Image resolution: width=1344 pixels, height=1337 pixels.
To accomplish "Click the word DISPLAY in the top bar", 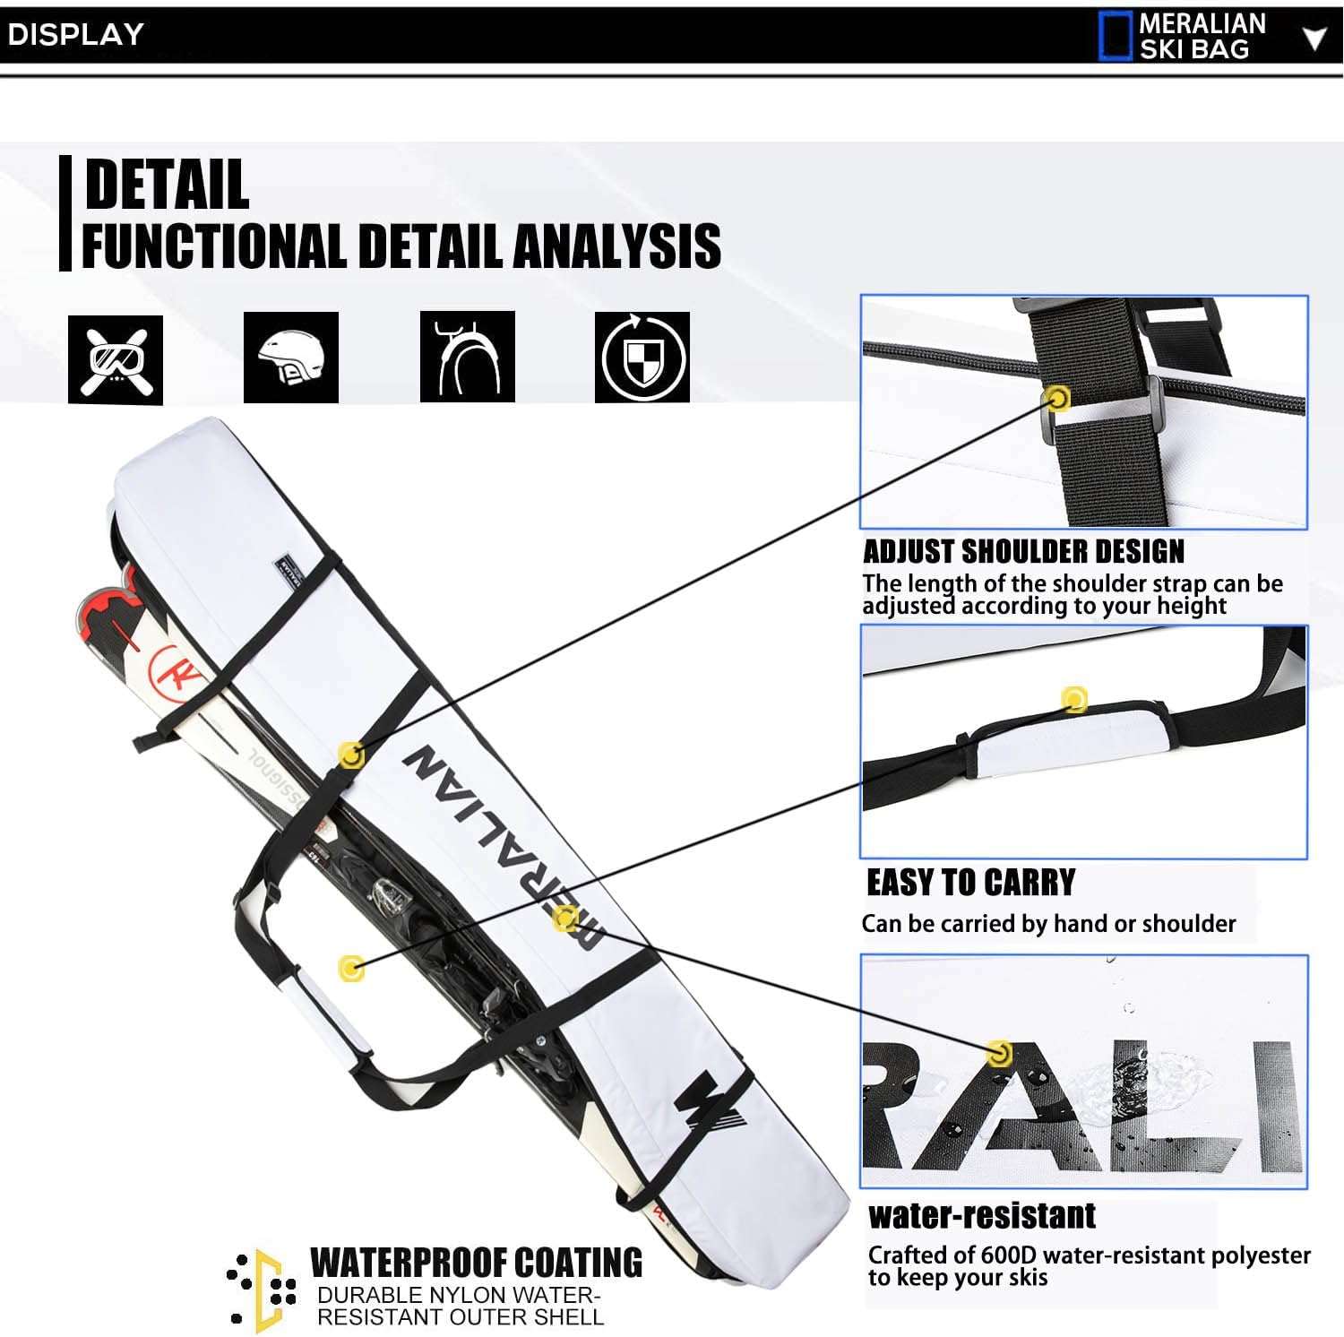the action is pyautogui.click(x=75, y=35).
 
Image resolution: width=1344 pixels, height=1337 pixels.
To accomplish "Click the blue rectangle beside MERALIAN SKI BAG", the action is pyautogui.click(x=1116, y=37).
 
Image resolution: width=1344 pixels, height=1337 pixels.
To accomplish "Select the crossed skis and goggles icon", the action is pyautogui.click(x=116, y=359).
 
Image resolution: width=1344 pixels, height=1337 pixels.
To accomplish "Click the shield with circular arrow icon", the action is pyautogui.click(x=642, y=357).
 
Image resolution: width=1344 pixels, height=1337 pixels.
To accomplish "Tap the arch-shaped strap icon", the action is pyautogui.click(x=468, y=357).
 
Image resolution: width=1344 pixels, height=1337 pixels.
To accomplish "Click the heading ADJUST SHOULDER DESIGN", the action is pyautogui.click(x=1023, y=550).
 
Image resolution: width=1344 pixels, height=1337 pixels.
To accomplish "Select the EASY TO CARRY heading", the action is pyautogui.click(x=970, y=883).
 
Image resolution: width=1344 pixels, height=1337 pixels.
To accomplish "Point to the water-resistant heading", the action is pyautogui.click(x=982, y=1215).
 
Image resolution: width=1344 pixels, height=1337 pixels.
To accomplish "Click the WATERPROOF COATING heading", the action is pyautogui.click(x=476, y=1263).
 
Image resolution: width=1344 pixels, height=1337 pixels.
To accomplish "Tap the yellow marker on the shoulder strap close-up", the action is pyautogui.click(x=1058, y=398).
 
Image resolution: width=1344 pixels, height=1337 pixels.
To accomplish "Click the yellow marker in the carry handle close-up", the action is pyautogui.click(x=1074, y=699).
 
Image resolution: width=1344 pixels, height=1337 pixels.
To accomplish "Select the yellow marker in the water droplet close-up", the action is pyautogui.click(x=997, y=1053).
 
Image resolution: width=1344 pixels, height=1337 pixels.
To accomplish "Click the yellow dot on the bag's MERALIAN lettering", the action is pyautogui.click(x=564, y=918).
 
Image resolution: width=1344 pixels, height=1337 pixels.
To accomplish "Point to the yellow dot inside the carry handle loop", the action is pyautogui.click(x=352, y=968).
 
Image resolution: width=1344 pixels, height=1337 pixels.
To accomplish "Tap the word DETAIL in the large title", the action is pyautogui.click(x=167, y=184).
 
